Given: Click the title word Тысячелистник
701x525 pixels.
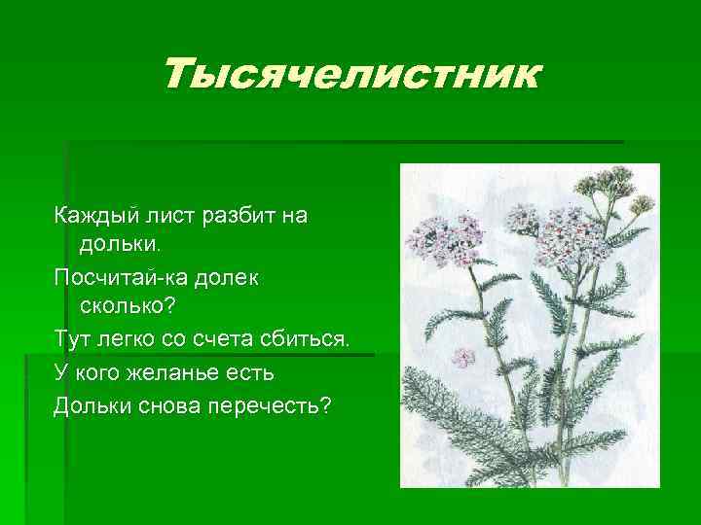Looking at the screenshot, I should click(x=350, y=73).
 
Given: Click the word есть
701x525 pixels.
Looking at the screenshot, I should click(x=255, y=372).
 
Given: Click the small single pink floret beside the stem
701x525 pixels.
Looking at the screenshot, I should click(x=464, y=356).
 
